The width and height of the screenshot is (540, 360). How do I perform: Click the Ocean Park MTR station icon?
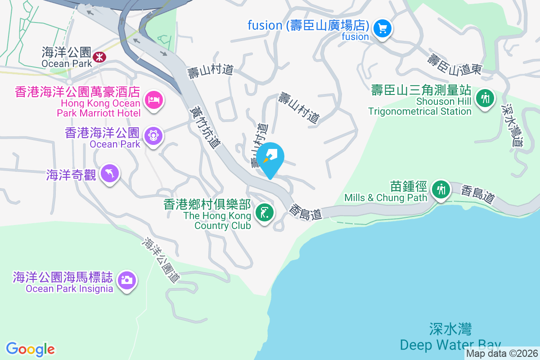[98, 57]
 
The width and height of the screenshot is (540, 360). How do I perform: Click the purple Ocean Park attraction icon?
[153, 135]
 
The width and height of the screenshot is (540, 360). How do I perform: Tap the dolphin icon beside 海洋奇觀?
[110, 173]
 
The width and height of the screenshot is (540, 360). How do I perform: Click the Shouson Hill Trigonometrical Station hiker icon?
[485, 98]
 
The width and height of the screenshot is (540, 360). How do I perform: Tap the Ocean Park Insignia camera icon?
[126, 280]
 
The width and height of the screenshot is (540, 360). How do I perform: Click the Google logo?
[31, 349]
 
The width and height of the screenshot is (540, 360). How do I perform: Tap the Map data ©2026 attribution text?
[502, 354]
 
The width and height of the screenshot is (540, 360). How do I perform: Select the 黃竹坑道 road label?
[205, 127]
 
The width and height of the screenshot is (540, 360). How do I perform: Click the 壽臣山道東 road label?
[454, 64]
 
